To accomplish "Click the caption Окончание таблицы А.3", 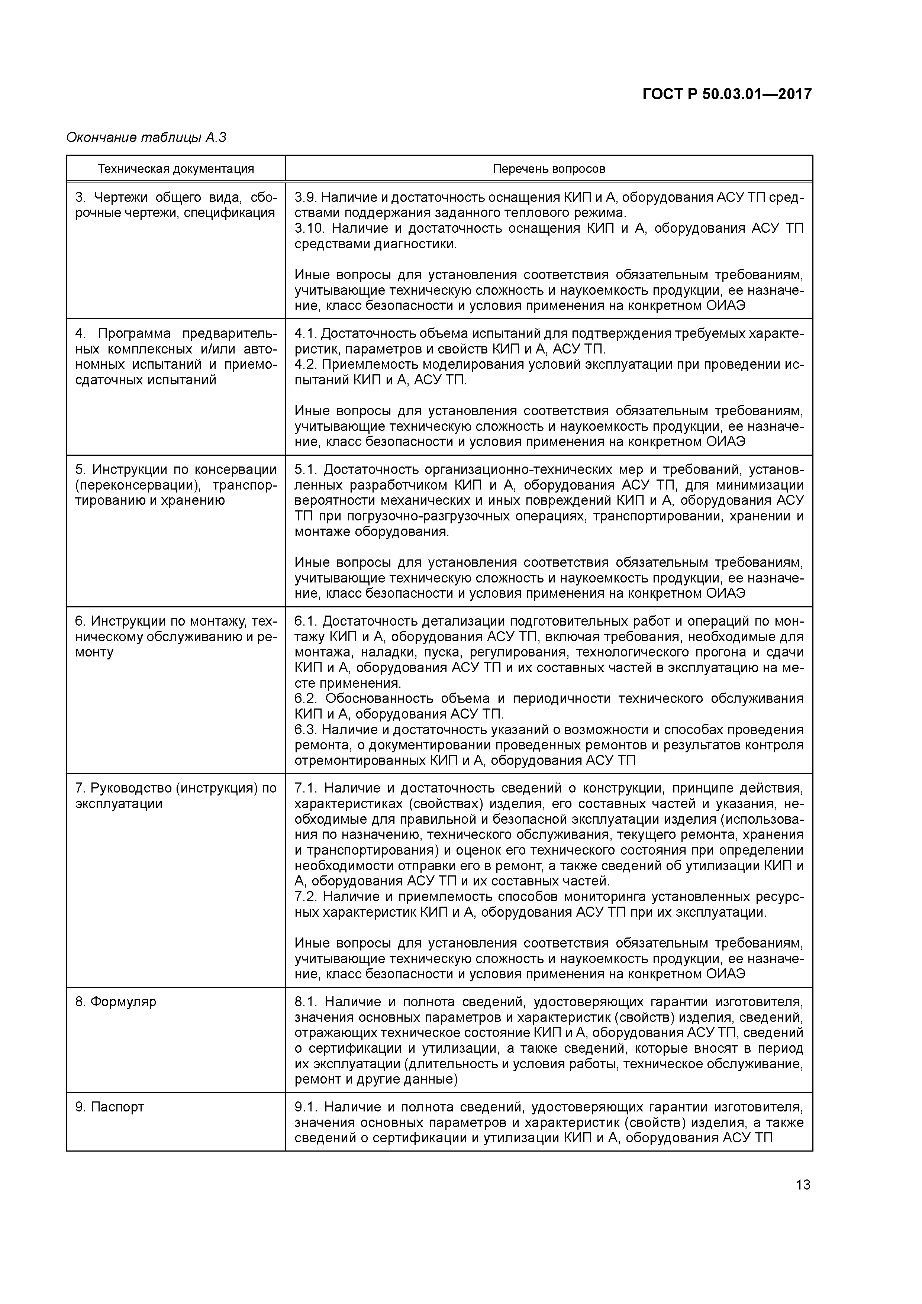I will point(146,138).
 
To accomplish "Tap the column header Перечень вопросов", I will point(549,169).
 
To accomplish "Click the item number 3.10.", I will point(309,228).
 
